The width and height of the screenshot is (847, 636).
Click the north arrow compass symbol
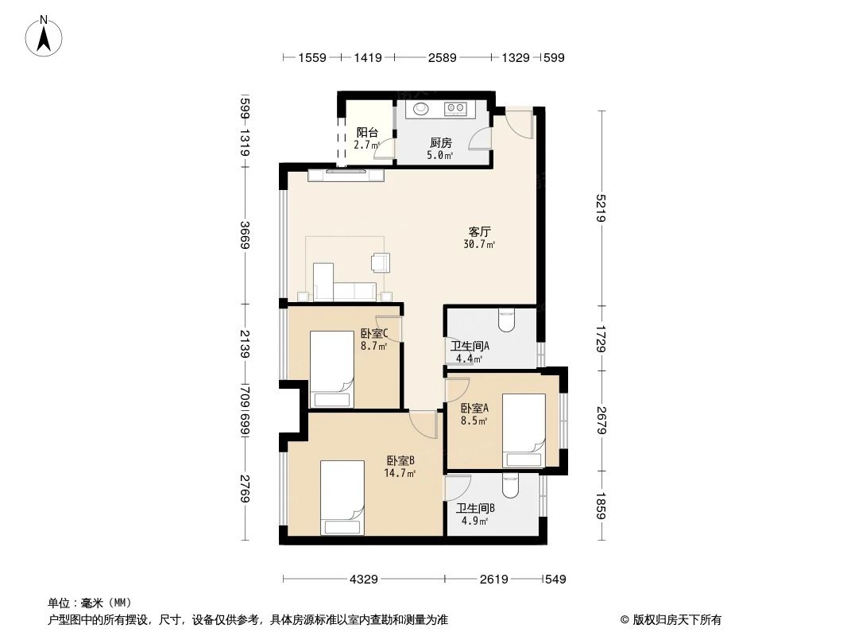click(45, 36)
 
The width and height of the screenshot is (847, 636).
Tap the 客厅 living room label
click(479, 232)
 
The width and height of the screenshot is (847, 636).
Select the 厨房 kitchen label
click(440, 143)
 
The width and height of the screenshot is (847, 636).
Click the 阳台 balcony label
click(366, 133)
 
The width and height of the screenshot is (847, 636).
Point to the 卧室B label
click(400, 460)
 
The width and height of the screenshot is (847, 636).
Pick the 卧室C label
click(373, 334)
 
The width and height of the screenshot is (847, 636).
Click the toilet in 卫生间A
click(506, 320)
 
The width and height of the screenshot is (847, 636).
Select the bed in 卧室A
click(524, 430)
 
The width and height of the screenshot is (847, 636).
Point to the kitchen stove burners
click(456, 107)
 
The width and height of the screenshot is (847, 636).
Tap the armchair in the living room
click(380, 262)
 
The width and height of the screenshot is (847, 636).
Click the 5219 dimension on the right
click(603, 207)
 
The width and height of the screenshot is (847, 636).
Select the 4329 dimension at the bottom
click(363, 580)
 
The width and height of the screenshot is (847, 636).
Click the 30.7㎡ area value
click(479, 245)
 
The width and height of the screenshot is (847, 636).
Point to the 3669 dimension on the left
click(246, 235)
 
